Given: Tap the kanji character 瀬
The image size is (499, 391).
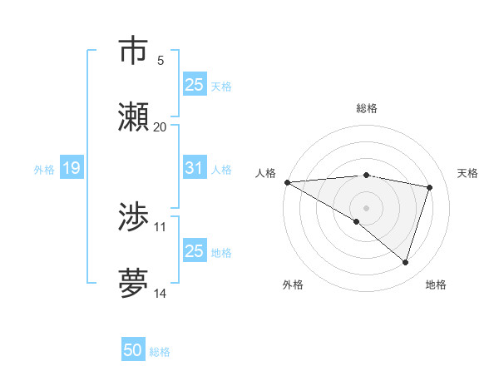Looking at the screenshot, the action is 133,116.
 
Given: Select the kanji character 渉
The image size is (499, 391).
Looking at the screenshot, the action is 133,217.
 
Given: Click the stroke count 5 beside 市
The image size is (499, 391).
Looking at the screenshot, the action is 161,60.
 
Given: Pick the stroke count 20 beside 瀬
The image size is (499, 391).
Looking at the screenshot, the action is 161,126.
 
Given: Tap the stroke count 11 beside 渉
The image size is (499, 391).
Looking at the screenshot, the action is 161,226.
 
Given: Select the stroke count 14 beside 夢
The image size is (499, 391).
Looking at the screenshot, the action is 161,293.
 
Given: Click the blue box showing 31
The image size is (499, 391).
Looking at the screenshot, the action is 194,168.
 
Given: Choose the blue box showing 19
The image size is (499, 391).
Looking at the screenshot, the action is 71,169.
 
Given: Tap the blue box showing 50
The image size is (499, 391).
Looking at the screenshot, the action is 133,350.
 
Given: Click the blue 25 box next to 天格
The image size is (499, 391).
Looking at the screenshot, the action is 194,84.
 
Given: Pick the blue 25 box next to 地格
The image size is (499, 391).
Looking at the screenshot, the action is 194,250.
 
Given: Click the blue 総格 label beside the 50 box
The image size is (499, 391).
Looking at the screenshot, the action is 160,352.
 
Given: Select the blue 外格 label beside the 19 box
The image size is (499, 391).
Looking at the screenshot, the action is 44,170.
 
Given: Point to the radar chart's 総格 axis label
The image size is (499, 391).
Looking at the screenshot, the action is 366,108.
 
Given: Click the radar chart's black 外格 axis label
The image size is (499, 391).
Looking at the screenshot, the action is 293,285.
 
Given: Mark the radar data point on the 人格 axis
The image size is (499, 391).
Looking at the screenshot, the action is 287,182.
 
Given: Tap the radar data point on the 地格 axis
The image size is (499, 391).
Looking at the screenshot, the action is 405,262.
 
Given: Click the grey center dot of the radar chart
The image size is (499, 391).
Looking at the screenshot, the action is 366,207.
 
